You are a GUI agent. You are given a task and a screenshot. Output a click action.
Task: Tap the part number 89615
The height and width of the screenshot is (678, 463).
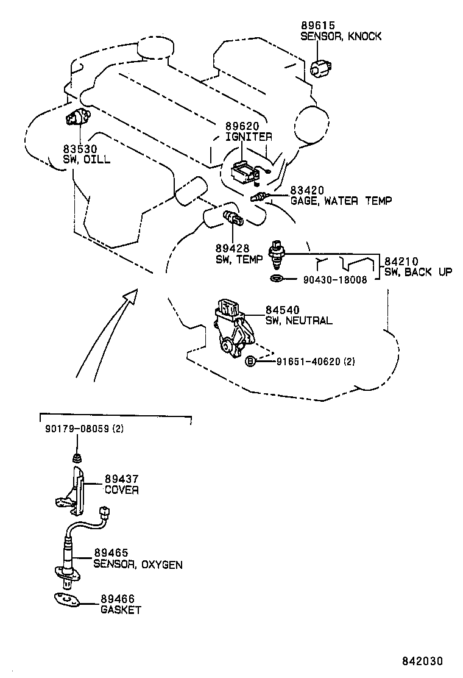(317, 26)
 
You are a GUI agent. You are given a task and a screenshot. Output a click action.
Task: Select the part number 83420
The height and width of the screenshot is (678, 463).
(307, 190)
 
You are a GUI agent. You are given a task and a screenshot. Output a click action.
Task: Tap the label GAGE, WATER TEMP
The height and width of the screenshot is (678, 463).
(341, 201)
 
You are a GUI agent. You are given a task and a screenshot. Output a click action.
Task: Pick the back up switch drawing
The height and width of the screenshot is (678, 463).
(278, 254)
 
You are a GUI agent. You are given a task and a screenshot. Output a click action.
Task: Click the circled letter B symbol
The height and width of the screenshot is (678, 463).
(250, 362)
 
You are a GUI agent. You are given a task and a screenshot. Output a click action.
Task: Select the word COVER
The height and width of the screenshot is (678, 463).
(121, 490)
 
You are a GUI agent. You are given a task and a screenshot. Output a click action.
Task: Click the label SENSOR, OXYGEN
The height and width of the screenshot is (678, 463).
(138, 565)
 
